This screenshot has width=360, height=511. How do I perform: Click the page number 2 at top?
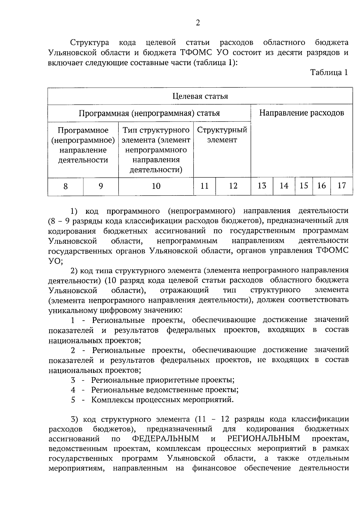coord(198,23)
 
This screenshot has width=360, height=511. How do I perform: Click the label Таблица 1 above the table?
coord(329,72)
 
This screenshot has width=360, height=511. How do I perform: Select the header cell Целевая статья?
coord(200,96)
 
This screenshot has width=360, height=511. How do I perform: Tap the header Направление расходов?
coord(301,113)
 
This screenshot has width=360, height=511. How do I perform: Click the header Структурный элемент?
coord(222,135)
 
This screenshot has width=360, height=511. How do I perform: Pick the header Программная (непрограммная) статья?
coord(149,113)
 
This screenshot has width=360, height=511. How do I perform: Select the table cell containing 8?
coord(65,186)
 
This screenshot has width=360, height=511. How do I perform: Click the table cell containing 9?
coord(101,186)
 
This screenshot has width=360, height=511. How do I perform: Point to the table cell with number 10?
coord(156,186)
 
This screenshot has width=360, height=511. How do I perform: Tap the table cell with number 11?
coord(204,186)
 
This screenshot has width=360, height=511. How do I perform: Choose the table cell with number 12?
coord(233,186)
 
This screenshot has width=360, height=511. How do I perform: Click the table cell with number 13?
coord(262,186)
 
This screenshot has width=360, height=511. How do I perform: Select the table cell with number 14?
coord(284,186)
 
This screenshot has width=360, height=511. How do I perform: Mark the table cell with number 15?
coord(304,186)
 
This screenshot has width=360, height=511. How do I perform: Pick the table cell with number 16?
coord(322,186)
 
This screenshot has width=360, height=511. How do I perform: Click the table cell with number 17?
coord(342,186)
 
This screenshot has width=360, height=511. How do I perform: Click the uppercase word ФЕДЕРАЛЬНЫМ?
coord(166,439)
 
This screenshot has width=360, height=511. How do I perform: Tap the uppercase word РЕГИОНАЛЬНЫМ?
coord(264,439)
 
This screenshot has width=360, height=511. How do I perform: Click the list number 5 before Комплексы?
coord(73,400)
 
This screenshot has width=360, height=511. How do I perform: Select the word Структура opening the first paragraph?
coord(89,43)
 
